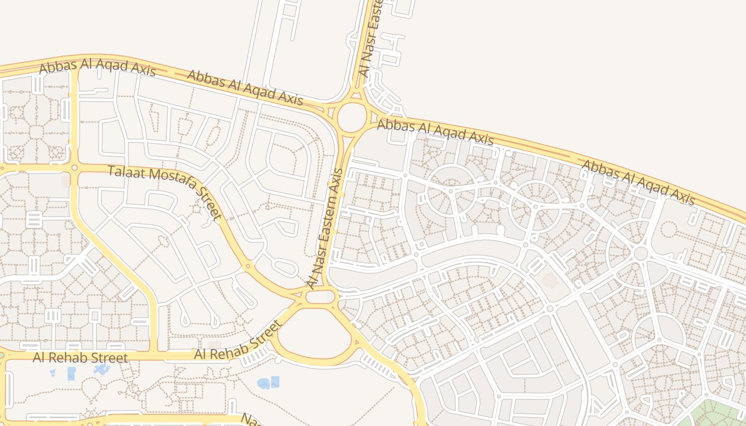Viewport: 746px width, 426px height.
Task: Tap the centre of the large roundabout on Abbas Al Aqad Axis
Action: [352, 118]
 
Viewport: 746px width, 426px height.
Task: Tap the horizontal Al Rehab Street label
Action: [80, 357]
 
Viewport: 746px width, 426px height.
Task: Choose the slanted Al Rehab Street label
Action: [238, 341]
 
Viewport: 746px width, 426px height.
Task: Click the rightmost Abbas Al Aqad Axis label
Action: [638, 182]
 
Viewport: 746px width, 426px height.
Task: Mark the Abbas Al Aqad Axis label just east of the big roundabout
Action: [435, 132]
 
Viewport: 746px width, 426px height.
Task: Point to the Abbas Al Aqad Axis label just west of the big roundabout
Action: [245, 87]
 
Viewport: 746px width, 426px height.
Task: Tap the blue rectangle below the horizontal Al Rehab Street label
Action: [71, 373]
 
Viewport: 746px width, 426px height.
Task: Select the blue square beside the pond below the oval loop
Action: [275, 381]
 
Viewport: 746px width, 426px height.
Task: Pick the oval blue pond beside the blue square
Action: [263, 383]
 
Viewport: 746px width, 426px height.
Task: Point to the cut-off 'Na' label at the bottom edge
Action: [249, 420]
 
